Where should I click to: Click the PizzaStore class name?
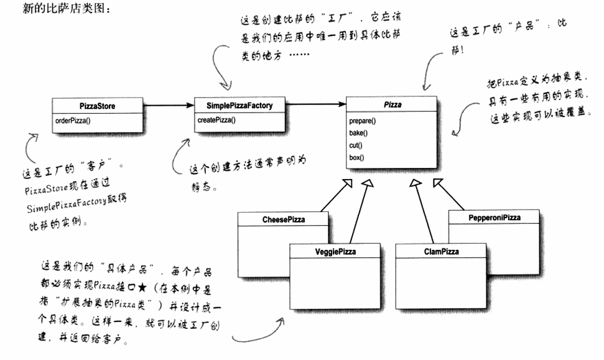point(98,106)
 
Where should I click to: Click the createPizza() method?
point(216,120)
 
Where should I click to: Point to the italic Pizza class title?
point(393,105)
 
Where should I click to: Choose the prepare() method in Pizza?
point(363,120)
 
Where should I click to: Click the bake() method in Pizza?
point(359,132)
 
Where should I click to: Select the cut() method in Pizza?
point(356,145)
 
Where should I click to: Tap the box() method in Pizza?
point(357,157)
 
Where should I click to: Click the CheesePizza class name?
point(283,219)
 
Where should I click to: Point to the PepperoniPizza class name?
point(494,218)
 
